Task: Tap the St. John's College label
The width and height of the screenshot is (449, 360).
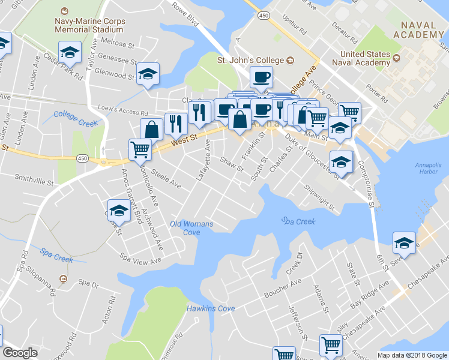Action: (x=250, y=61)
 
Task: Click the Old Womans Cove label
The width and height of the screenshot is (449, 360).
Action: (x=191, y=228)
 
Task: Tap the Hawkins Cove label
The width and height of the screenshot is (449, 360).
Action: (x=211, y=308)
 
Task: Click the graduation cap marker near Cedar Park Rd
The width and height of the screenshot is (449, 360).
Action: (x=70, y=53)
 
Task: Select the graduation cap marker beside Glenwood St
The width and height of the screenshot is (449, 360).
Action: (x=147, y=74)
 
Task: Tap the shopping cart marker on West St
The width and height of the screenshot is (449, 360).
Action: (x=140, y=149)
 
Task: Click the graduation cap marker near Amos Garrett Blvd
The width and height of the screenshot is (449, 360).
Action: (x=119, y=211)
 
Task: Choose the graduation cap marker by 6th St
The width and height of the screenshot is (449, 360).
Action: (x=403, y=243)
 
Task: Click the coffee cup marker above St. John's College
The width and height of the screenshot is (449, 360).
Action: (x=261, y=76)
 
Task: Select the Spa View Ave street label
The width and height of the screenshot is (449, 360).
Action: (x=140, y=260)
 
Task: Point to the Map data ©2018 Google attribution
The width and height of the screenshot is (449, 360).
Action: (x=412, y=355)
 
